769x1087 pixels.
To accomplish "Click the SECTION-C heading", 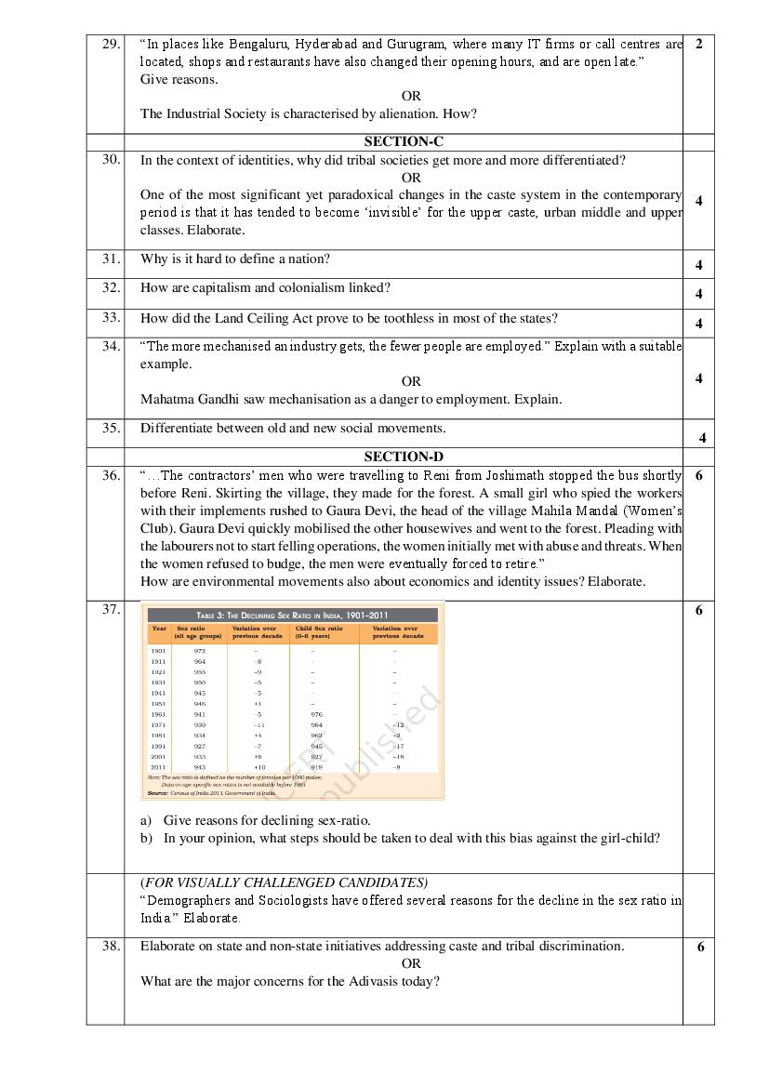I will pyautogui.click(x=404, y=142).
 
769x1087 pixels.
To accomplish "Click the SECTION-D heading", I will pyautogui.click(x=404, y=457).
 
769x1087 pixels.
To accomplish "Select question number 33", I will pyautogui.click(x=112, y=317).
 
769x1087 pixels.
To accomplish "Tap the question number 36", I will pyautogui.click(x=112, y=475).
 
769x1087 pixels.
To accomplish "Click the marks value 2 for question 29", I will pyautogui.click(x=698, y=44).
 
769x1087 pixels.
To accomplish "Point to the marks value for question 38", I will pyautogui.click(x=700, y=947).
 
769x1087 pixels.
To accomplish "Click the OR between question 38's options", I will pyautogui.click(x=411, y=963).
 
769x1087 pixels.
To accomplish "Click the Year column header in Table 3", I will pyautogui.click(x=159, y=629).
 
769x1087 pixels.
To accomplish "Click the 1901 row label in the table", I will pyautogui.click(x=158, y=651).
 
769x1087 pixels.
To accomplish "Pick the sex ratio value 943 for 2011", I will pyautogui.click(x=200, y=767).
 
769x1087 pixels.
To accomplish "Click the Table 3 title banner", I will pyautogui.click(x=293, y=616).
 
